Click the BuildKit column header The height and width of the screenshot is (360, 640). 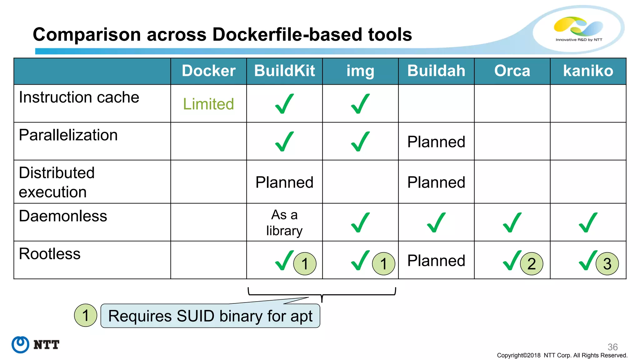click(284, 71)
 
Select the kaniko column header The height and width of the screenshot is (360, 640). click(588, 71)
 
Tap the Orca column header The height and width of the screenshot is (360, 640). click(512, 71)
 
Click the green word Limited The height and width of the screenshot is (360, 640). click(208, 104)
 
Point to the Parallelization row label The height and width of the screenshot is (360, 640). click(68, 135)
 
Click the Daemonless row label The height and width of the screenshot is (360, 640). click(63, 216)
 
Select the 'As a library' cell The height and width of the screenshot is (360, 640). click(284, 222)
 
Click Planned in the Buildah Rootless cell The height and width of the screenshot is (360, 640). click(436, 261)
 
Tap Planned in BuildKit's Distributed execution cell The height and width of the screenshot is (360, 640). click(284, 182)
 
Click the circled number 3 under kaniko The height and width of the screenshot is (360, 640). click(607, 264)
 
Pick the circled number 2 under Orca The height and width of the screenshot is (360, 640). click(531, 264)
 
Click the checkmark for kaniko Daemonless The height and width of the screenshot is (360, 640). click(588, 222)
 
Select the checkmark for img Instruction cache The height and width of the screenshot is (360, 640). click(360, 104)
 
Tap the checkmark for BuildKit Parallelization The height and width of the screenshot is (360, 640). click(284, 142)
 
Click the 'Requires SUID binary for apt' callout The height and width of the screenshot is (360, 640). click(210, 316)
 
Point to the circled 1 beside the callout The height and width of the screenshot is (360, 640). click(86, 315)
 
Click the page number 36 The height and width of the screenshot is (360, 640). click(612, 347)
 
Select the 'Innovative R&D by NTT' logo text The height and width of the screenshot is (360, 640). click(579, 40)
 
